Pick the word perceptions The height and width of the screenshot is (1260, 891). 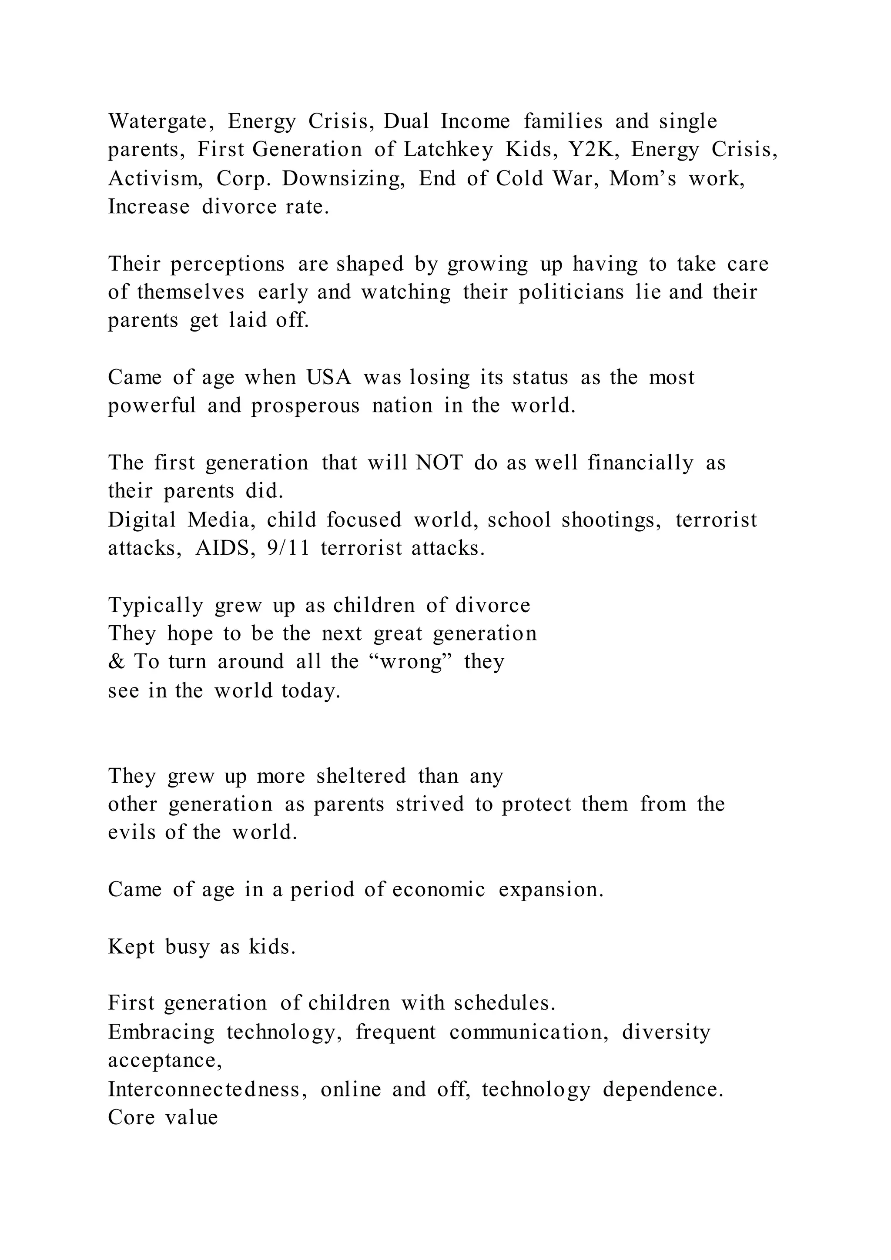228,264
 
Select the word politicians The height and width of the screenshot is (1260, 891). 572,292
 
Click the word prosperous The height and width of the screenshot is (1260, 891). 305,406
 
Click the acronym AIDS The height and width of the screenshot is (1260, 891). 225,548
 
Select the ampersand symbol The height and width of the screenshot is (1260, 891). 116,662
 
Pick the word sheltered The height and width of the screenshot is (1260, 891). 361,776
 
